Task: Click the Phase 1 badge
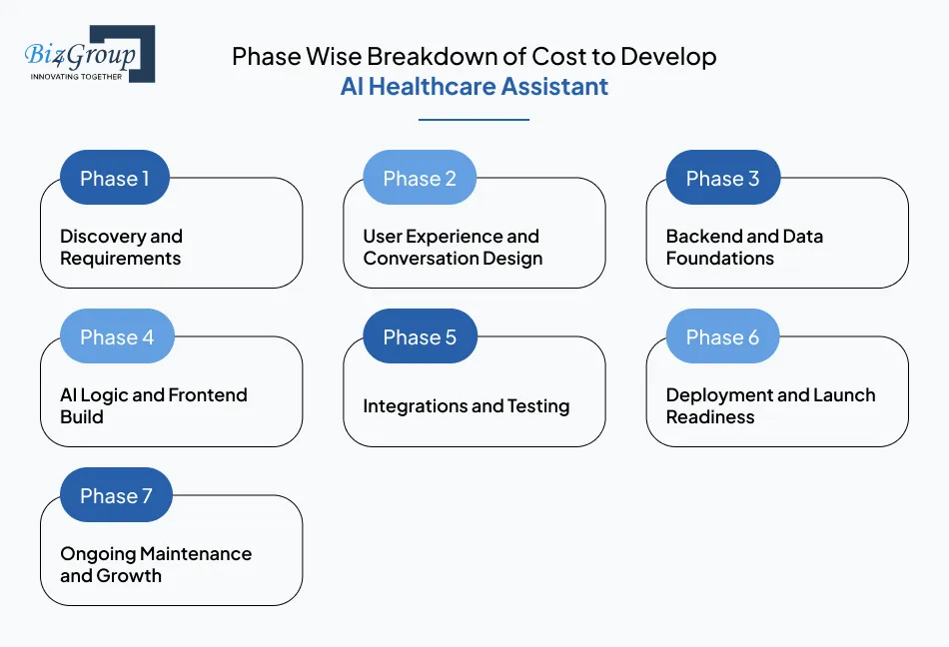(x=115, y=179)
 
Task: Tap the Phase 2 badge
(x=419, y=179)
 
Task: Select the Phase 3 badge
(x=722, y=179)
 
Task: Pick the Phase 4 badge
(x=116, y=337)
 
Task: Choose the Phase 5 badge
(x=420, y=337)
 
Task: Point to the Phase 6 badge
(x=722, y=337)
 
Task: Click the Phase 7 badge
(x=116, y=496)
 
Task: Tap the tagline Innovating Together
(x=76, y=76)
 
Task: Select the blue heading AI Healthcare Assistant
(x=474, y=87)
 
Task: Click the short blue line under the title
(x=474, y=120)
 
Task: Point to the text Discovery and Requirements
(x=121, y=248)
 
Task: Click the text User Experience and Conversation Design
(x=452, y=248)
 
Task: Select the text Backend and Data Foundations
(x=744, y=248)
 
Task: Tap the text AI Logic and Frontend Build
(x=153, y=406)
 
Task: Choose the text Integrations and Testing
(x=466, y=406)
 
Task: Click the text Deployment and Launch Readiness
(x=770, y=406)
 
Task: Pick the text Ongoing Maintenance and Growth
(x=155, y=565)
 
